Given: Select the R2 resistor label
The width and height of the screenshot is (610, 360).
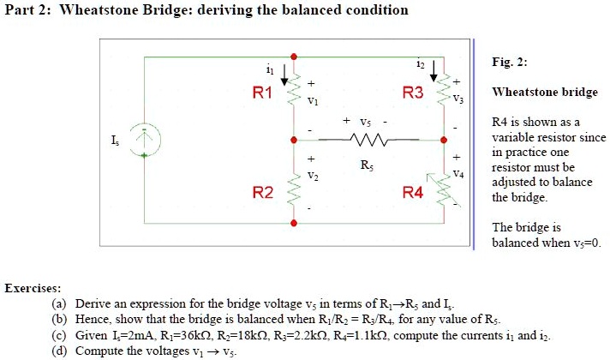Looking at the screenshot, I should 263,193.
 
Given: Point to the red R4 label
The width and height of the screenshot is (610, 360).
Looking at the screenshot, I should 413,193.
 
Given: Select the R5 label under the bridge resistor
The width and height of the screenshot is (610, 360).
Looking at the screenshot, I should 367,163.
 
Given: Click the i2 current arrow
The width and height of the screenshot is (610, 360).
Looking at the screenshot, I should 435,70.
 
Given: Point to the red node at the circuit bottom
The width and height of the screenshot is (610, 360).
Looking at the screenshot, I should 294,223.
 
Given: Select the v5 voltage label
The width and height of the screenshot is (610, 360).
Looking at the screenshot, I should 366,122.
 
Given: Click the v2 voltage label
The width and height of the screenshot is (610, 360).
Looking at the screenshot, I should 312,177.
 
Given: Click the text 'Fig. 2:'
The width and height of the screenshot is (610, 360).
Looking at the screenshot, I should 510,63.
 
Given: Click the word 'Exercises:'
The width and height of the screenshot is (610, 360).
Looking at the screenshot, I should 33,288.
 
